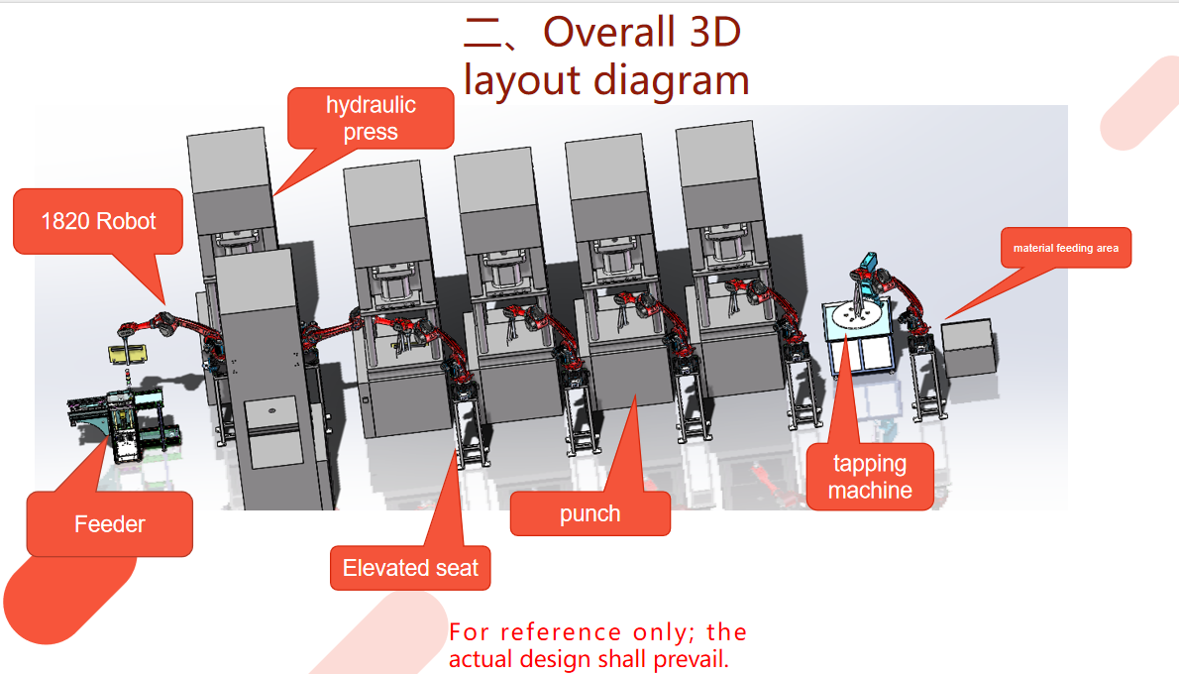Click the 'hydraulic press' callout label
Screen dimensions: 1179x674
pos(371,118)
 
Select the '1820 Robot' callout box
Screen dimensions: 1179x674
pos(98,221)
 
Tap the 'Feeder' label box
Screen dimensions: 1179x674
pos(110,524)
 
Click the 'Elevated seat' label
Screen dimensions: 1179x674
pos(410,568)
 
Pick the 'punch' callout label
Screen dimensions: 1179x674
pos(590,513)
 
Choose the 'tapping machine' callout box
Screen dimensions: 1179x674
pos(870,477)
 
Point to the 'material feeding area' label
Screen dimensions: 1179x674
pos(1065,248)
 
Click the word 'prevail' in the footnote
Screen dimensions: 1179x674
pos(693,660)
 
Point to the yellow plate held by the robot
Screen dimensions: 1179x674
pos(128,354)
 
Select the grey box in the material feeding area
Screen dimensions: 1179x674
pos(969,347)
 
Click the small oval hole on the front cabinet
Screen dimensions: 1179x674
pos(272,410)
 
